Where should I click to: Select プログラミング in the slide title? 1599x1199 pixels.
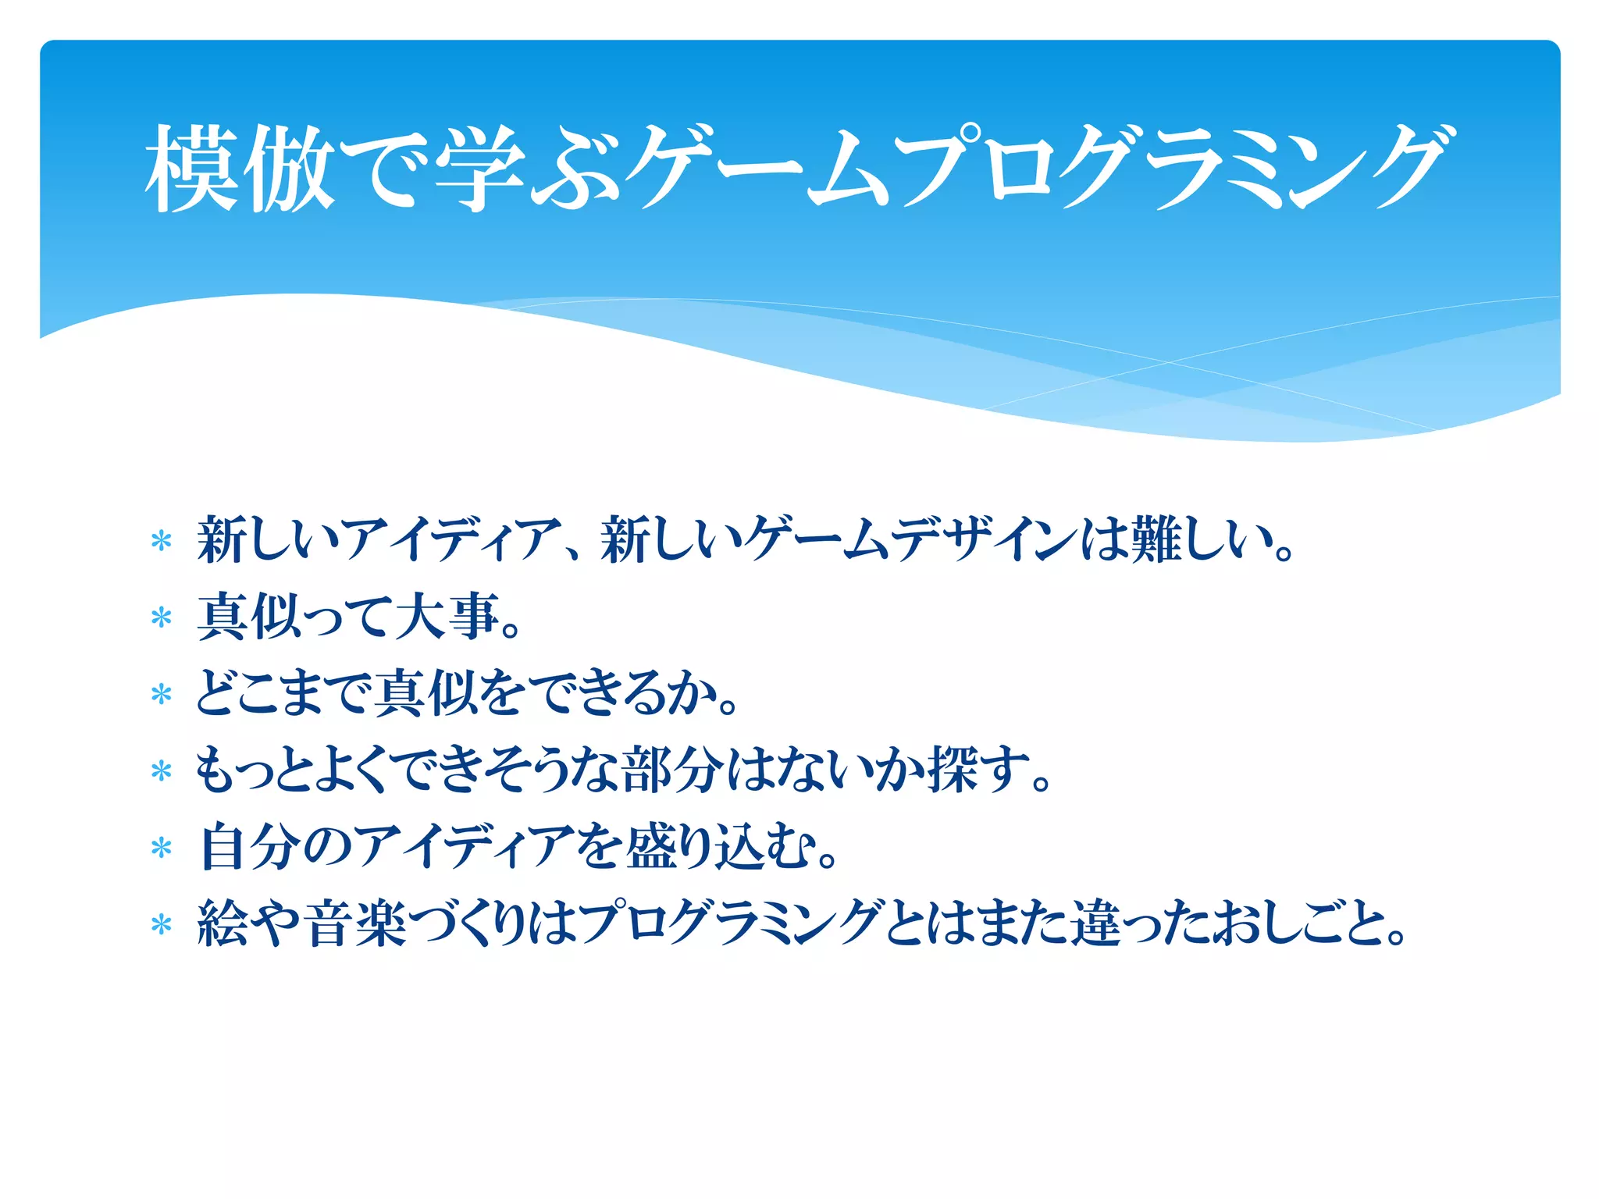tap(1171, 169)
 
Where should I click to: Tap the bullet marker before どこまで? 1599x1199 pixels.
tap(161, 694)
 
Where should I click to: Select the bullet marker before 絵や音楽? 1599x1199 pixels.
tap(161, 925)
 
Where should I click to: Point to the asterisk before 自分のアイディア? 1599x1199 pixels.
tap(161, 849)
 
